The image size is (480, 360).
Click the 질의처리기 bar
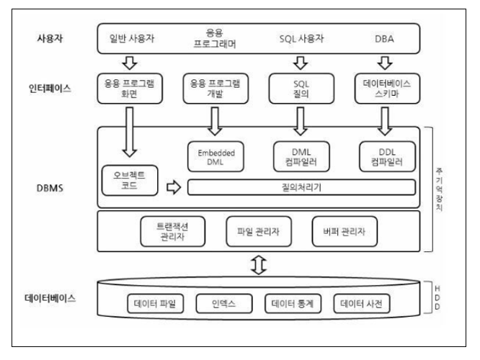(x=301, y=188)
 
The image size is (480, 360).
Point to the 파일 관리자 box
(x=258, y=230)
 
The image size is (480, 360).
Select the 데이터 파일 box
(x=156, y=304)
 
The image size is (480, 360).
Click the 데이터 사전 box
(x=363, y=304)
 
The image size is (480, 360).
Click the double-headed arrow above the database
(x=257, y=266)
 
